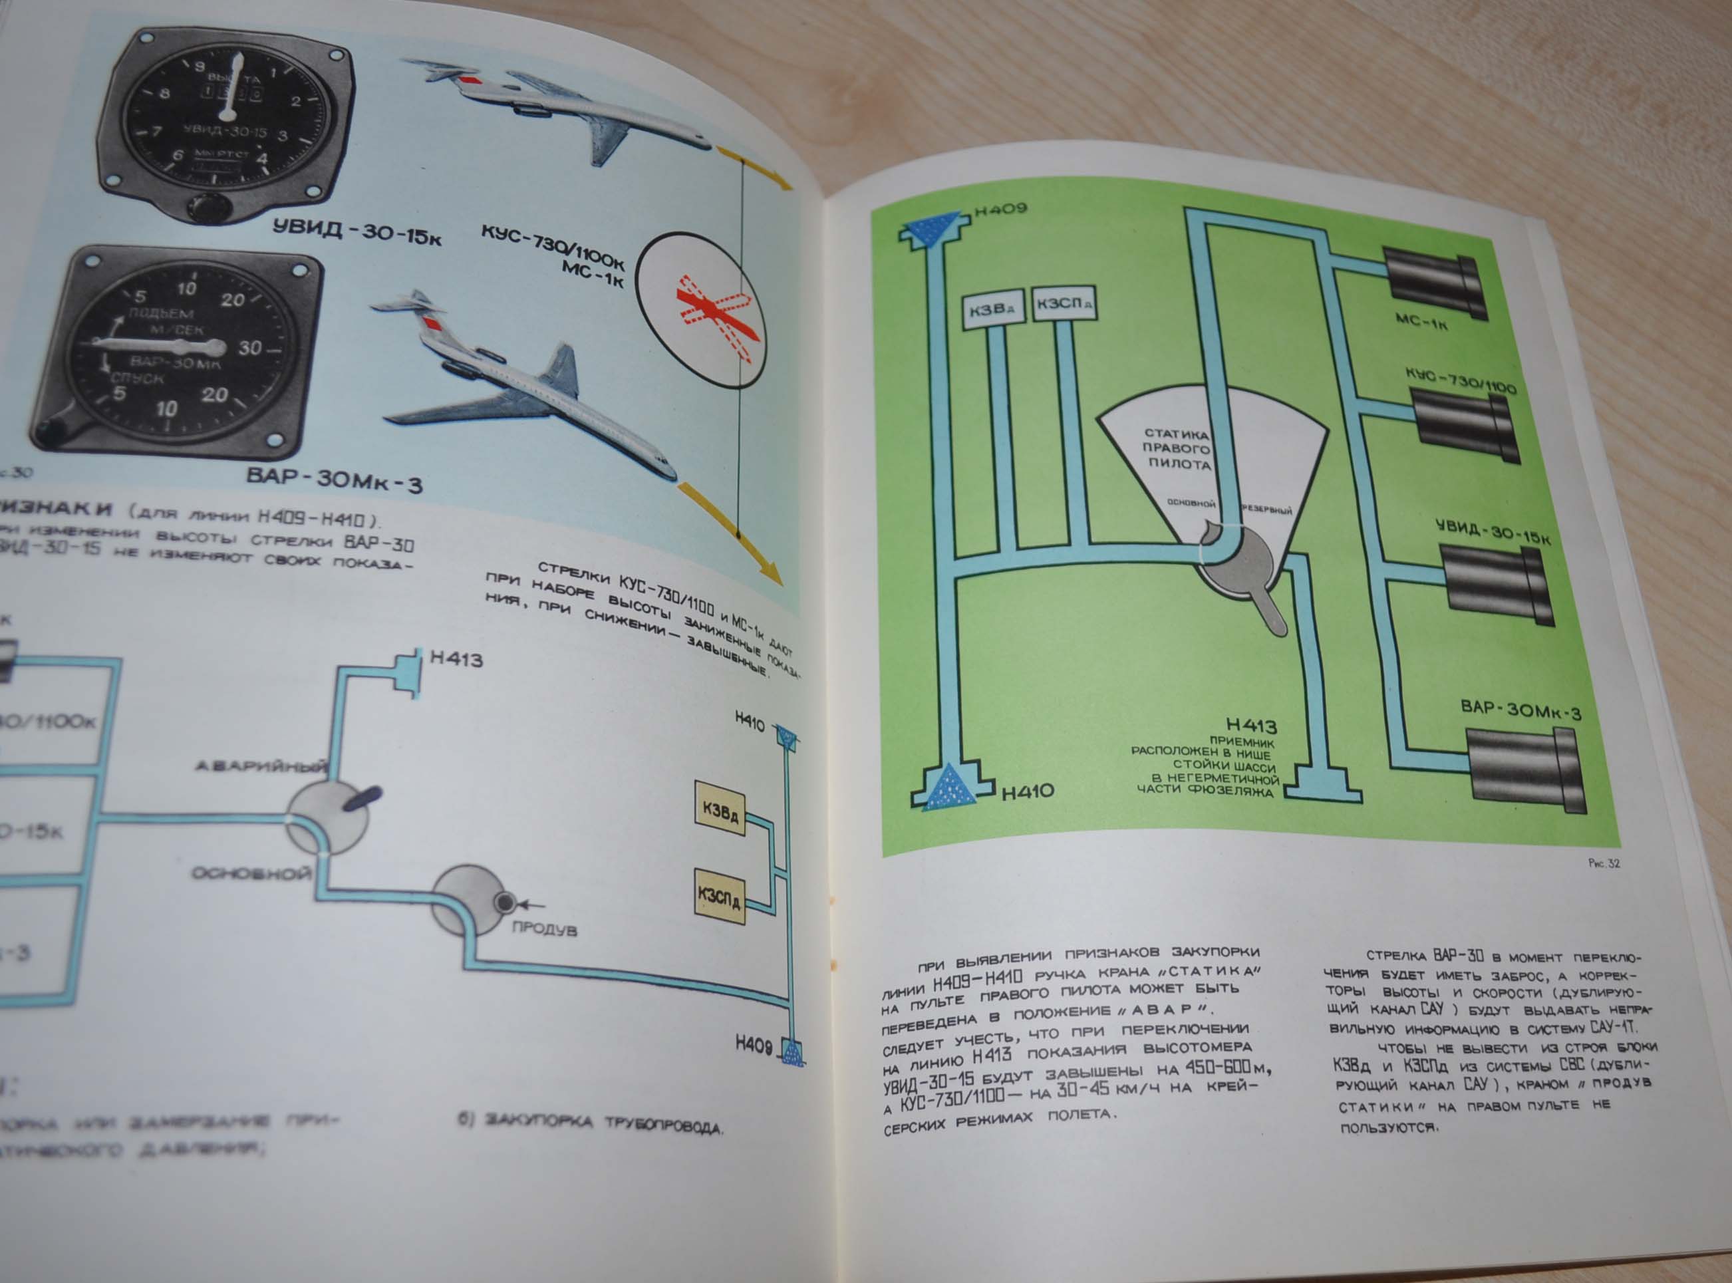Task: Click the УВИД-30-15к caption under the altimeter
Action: click(357, 231)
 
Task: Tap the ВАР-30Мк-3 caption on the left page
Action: click(334, 479)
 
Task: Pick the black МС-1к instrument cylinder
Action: click(1435, 283)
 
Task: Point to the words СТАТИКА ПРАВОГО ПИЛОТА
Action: click(1177, 449)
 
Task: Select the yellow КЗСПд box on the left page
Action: click(718, 897)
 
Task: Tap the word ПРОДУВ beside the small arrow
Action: click(543, 929)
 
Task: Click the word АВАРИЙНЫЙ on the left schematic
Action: click(260, 768)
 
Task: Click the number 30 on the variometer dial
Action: click(250, 347)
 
